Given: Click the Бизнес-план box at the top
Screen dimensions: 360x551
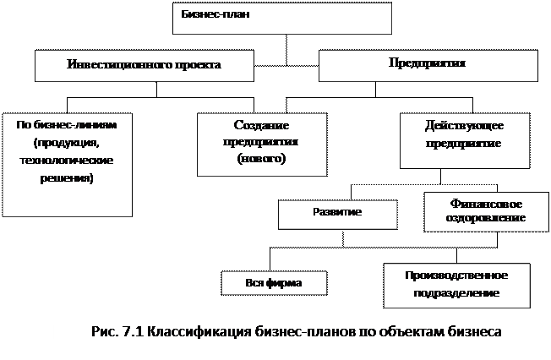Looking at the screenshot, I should coord(281,19).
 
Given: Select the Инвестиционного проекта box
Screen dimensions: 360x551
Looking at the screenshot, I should coord(144,65).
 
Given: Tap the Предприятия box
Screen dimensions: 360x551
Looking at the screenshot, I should coord(428,64).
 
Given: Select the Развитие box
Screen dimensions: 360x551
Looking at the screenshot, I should coord(337,214).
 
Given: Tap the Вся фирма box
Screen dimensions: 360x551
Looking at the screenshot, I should coord(273,282).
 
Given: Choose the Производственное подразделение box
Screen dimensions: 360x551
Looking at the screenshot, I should coord(456,285).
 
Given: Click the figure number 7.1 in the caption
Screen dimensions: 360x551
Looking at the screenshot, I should coord(130,331).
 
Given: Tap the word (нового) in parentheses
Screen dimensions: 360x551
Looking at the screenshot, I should coord(262,159).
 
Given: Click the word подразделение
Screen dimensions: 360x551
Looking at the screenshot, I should coord(456,293).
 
